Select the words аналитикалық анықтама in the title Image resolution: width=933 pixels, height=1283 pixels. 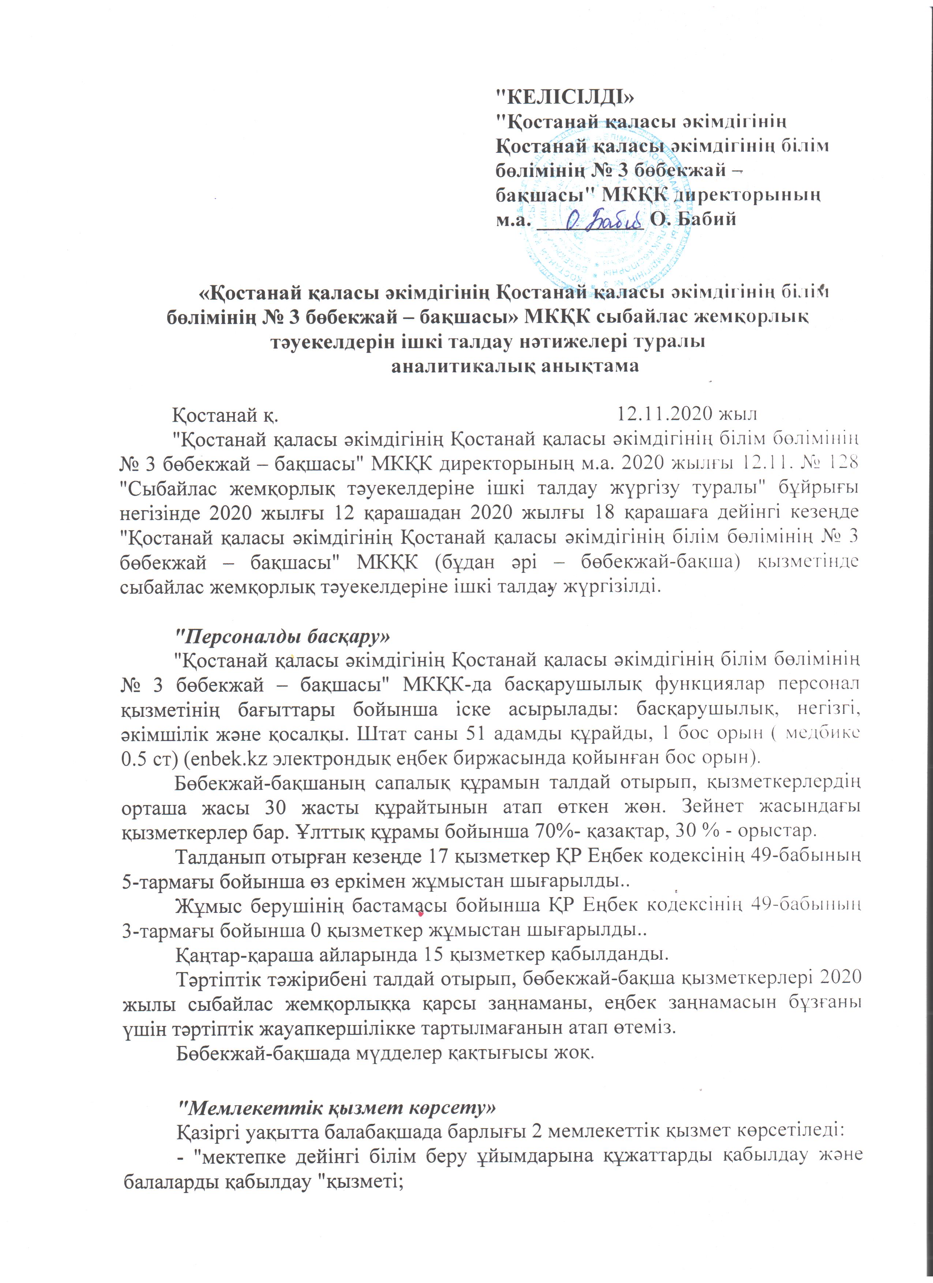(516, 366)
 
